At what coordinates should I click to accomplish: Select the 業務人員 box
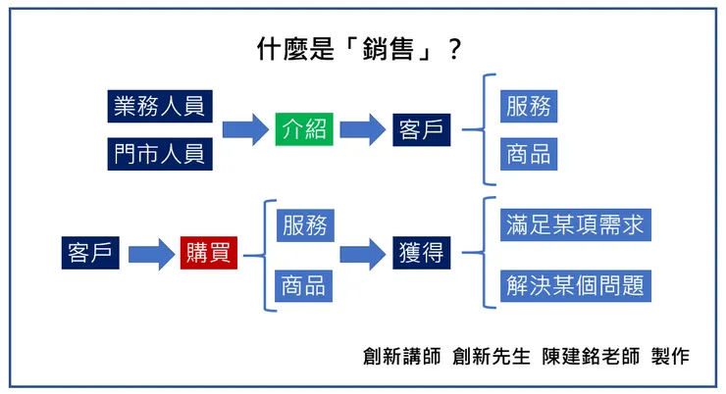(161, 105)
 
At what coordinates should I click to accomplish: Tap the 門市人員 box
(161, 153)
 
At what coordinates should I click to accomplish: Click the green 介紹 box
(302, 128)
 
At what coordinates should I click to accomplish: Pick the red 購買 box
(208, 253)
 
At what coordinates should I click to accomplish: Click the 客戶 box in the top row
(422, 128)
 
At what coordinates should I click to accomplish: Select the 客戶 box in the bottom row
(89, 253)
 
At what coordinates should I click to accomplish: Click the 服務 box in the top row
(529, 105)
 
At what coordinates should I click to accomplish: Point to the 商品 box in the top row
(529, 153)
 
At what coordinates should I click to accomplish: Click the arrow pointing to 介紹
(245, 128)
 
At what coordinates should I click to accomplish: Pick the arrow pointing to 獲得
(361, 254)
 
